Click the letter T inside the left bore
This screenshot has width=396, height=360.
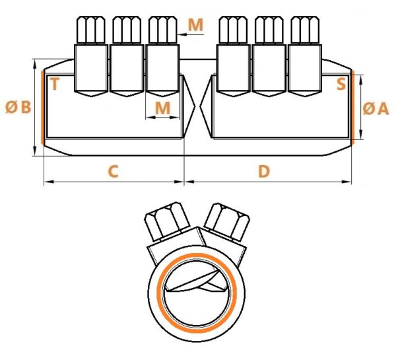coord(55,84)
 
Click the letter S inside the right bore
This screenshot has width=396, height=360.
coord(341,84)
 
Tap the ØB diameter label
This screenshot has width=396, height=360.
coord(18,107)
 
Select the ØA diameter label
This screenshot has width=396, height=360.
coord(376,109)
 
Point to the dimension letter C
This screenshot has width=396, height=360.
coord(113,171)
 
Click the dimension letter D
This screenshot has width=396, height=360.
coord(264,171)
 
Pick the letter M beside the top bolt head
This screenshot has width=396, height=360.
coord(196,25)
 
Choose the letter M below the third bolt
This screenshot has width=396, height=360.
coord(162,108)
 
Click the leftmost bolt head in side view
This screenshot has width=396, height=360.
coord(91,30)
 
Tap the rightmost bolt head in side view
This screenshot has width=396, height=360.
coord(305,30)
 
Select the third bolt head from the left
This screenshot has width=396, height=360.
coord(162,30)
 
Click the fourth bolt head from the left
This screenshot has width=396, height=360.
coord(233,30)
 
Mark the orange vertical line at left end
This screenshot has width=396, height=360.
coord(42,108)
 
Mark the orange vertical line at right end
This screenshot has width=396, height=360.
coord(352,108)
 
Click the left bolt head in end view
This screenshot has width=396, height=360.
coord(167,221)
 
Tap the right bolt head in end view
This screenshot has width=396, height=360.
coord(227,221)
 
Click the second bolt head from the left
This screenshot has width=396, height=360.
coord(127,30)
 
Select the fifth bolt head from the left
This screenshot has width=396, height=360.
coord(269,30)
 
